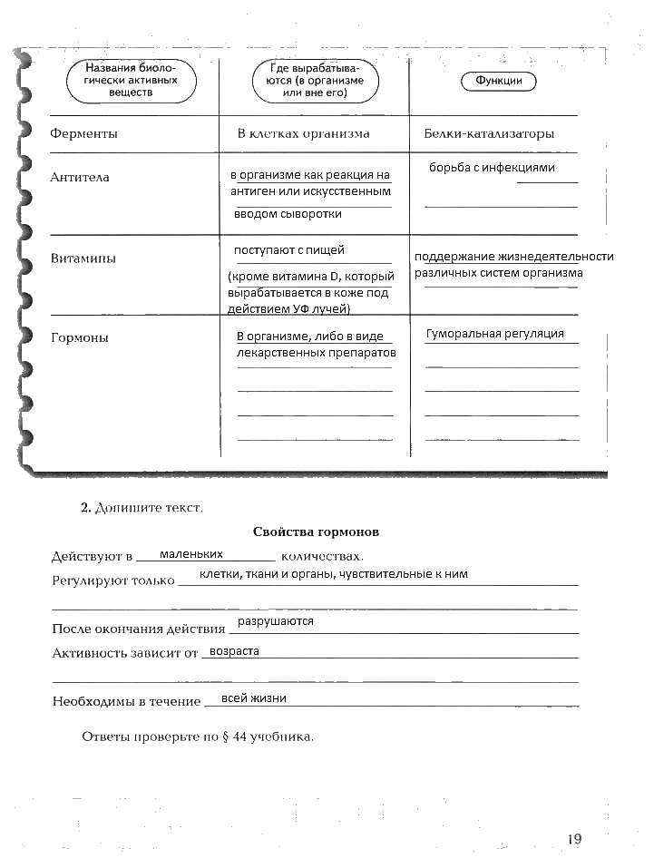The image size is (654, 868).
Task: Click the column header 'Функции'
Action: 498,81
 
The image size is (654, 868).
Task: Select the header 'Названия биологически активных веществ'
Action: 132,80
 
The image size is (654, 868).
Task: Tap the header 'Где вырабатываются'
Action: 315,80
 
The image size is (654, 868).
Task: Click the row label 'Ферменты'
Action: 83,134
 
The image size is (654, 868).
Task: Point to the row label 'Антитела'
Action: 80,178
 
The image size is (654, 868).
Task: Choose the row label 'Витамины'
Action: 83,258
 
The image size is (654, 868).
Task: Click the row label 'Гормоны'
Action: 80,337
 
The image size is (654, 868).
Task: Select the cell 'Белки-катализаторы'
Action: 489,134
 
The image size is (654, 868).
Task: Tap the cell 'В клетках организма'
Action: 303,134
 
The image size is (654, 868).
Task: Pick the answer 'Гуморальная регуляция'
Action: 495,334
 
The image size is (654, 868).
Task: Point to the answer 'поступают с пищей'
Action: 289,250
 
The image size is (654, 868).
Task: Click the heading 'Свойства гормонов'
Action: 316,531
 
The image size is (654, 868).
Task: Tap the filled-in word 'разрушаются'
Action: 275,621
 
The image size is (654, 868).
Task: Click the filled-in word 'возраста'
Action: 234,651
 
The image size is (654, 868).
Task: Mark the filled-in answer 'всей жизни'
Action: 254,697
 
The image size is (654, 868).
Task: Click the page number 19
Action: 573,839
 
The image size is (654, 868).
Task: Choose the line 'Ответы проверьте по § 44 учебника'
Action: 198,736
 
